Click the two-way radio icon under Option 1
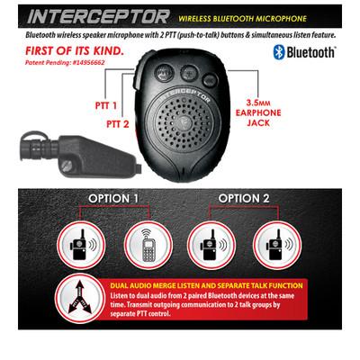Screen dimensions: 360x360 pos(78,245)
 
